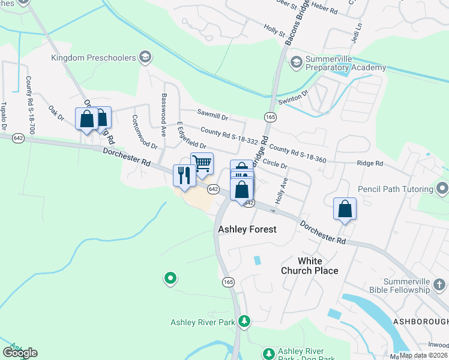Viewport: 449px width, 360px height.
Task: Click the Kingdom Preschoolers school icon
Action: coord(144,58)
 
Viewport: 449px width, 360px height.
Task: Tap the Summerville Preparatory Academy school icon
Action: coord(296,62)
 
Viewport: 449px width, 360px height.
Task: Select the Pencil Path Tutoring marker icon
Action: coord(442,190)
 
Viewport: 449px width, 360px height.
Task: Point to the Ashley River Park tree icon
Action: coord(244,322)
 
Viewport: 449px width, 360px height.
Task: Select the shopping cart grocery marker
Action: coord(202,163)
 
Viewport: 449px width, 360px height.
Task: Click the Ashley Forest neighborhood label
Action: coord(247,229)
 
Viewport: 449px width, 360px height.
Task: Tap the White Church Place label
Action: coord(318,266)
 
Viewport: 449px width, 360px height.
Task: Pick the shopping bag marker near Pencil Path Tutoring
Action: coord(345,209)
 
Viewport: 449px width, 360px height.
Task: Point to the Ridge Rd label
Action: coord(370,163)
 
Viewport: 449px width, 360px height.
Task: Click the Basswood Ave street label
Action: coord(163,109)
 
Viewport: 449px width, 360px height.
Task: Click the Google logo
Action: coord(20,352)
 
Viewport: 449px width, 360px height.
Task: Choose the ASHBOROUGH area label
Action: coord(420,322)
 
